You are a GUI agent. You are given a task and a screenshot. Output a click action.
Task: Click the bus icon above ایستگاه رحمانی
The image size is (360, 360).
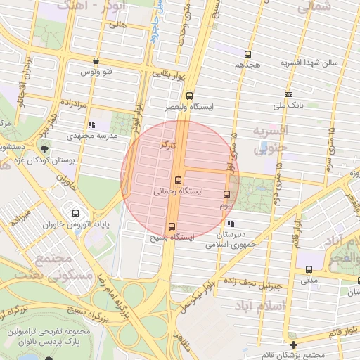178,180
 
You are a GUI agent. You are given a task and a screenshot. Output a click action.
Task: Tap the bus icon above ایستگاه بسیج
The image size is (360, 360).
171,226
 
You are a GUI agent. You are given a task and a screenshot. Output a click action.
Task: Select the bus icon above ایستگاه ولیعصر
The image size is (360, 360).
188,96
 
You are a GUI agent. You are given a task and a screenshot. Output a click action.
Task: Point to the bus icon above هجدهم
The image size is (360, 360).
247,54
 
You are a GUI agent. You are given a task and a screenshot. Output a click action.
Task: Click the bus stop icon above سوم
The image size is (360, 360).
226,195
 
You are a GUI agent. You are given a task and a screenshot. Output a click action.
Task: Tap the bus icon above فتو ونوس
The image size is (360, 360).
96,61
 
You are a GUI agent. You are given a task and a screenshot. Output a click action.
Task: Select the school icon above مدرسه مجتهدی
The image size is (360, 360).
91,124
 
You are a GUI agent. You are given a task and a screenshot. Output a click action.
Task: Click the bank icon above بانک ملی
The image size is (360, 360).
288,94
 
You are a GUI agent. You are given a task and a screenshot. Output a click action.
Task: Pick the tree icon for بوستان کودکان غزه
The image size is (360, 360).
45,149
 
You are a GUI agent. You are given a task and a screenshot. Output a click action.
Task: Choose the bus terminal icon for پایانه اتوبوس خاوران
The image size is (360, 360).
76,213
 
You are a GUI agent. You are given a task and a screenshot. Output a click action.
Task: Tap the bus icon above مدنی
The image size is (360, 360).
309,269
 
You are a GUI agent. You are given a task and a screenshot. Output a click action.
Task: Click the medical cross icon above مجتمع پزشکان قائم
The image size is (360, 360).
294,345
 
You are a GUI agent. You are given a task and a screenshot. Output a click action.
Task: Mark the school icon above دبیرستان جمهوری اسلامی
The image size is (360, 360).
231,224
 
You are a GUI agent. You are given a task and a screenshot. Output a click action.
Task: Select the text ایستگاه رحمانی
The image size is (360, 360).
177,191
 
